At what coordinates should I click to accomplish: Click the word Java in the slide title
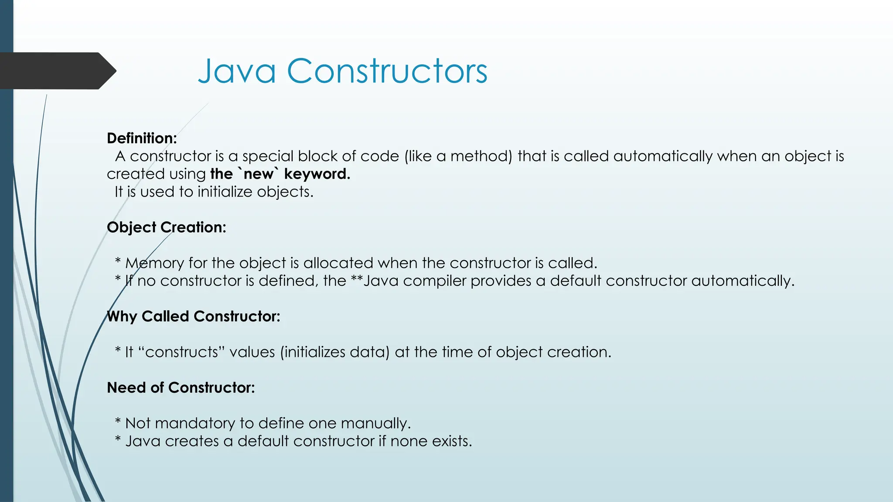point(237,71)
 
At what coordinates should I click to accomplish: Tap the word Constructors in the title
point(387,71)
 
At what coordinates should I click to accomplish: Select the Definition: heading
point(142,138)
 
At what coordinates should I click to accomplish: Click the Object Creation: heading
point(166,227)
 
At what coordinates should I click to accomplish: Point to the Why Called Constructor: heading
point(193,316)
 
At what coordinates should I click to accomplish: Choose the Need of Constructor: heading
point(181,387)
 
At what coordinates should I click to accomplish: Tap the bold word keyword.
point(317,174)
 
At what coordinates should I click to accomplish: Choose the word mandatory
point(194,423)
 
